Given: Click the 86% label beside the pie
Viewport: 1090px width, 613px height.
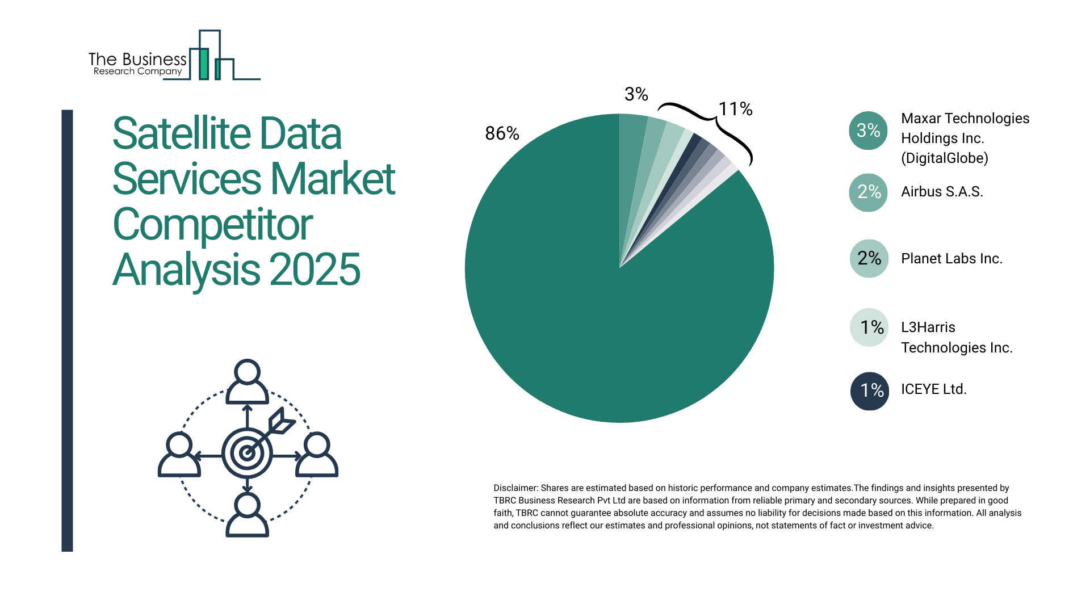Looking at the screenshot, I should (502, 133).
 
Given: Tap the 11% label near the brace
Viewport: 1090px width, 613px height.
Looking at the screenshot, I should (735, 109).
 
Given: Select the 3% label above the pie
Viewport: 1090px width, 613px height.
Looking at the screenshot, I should (636, 94).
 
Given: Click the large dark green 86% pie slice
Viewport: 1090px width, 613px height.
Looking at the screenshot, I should (596, 318).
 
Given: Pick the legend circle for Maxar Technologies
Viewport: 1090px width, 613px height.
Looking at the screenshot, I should (868, 131).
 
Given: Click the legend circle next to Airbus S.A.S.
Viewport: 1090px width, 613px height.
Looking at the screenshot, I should (868, 192).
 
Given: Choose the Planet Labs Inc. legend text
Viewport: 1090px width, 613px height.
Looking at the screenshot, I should (951, 259).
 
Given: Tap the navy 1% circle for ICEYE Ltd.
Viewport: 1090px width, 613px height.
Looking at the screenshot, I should (869, 391).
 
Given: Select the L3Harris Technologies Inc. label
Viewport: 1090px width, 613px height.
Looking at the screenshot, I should (957, 337).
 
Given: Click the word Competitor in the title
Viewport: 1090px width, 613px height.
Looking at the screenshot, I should (212, 225).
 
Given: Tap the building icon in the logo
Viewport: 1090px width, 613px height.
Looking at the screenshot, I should (210, 57).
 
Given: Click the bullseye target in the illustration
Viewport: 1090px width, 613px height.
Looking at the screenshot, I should (247, 453).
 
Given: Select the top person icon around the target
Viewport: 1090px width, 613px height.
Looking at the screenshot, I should (247, 382).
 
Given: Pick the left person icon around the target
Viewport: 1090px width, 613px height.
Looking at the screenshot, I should (179, 455).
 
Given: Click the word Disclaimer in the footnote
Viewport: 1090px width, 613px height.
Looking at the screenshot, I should (515, 488).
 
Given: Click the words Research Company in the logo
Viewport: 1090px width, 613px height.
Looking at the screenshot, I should (137, 72).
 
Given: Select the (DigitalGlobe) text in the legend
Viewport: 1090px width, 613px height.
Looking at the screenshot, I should (944, 158).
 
